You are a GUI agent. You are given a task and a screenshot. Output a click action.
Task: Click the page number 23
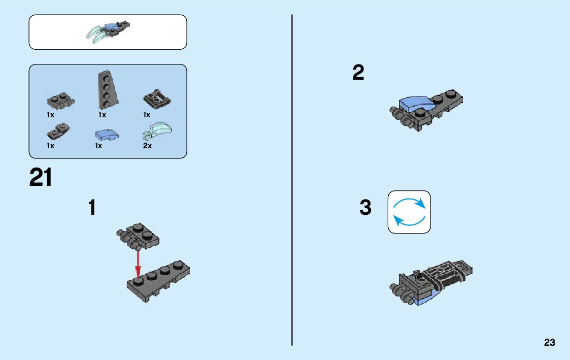pyautogui.click(x=549, y=343)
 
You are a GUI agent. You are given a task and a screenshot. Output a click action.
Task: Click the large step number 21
pyautogui.click(x=41, y=178)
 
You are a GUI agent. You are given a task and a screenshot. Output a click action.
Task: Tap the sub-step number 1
pyautogui.click(x=92, y=207)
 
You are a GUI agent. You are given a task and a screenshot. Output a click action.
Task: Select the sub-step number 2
pyautogui.click(x=358, y=73)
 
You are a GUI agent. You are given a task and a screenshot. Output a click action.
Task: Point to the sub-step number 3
pyautogui.click(x=365, y=208)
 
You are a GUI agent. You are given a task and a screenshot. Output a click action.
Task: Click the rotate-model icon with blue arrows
pyautogui.click(x=409, y=212)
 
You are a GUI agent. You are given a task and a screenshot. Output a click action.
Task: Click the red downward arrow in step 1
pyautogui.click(x=137, y=263)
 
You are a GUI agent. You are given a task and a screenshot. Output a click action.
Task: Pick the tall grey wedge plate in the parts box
pyautogui.click(x=105, y=89)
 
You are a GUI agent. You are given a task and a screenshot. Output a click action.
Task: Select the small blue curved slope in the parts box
pyautogui.click(x=106, y=135)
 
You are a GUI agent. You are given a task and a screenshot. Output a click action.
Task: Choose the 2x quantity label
pyautogui.click(x=147, y=146)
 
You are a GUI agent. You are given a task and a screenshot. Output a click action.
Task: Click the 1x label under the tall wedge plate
pyautogui.click(x=103, y=115)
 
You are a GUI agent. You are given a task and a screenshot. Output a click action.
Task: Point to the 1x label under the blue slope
pyautogui.click(x=98, y=146)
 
